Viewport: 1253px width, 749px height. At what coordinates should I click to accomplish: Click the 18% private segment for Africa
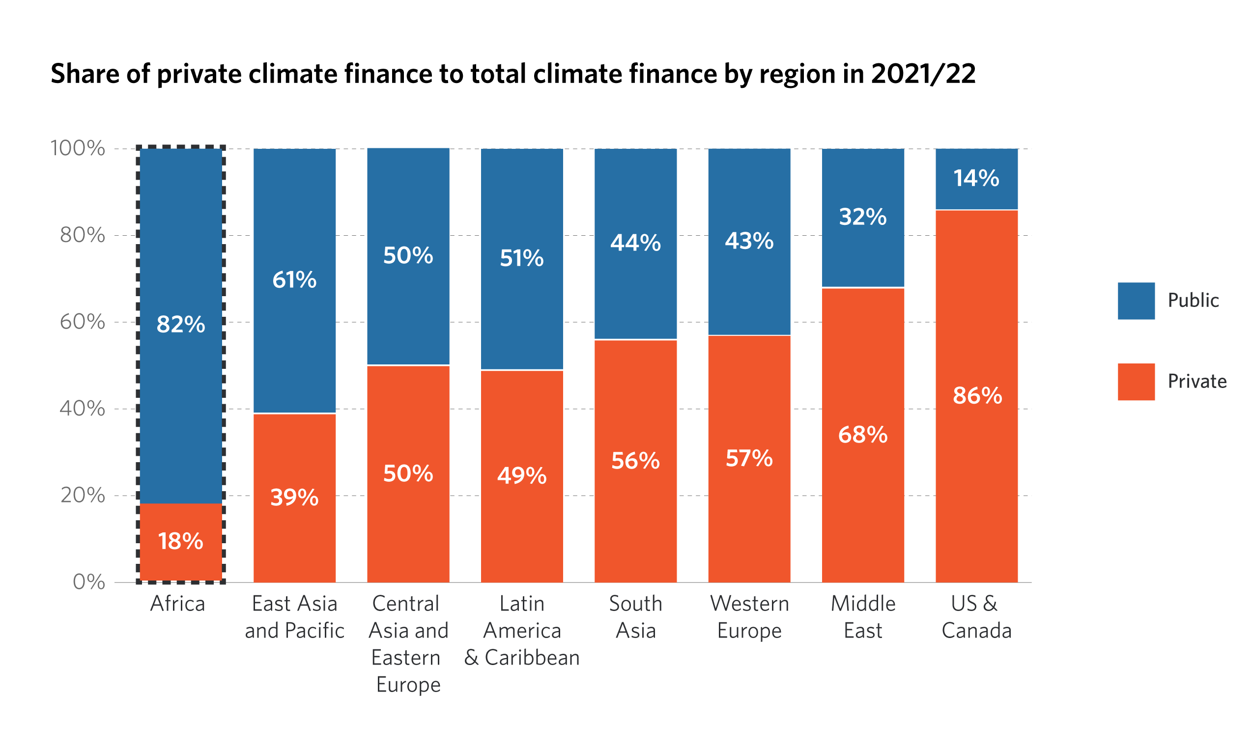[x=181, y=543]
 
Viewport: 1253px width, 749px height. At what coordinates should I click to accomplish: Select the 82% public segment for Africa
[x=181, y=326]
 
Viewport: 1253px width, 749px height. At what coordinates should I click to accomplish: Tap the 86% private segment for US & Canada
[x=976, y=396]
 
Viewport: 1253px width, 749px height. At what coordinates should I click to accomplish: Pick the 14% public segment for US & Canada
[x=976, y=179]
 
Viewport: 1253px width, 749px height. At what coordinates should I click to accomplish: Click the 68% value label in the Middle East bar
[x=863, y=435]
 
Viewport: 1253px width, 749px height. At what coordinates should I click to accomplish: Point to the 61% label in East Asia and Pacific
[x=294, y=280]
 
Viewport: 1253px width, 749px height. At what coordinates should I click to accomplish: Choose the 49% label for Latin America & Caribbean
[x=521, y=476]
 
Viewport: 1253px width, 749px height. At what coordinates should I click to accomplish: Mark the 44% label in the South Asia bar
[x=635, y=243]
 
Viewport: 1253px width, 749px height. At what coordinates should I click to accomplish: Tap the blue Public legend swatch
[x=1136, y=301]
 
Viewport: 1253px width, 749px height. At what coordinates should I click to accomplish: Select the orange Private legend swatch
[x=1136, y=382]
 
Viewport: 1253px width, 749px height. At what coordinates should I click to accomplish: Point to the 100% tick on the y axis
[x=77, y=148]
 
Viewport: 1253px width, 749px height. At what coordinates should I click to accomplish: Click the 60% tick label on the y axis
[x=82, y=322]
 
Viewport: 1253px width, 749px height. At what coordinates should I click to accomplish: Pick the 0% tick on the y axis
[x=89, y=583]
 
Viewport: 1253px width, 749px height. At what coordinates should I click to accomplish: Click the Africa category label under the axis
[x=178, y=604]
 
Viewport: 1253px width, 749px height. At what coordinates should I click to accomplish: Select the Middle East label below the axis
[x=863, y=617]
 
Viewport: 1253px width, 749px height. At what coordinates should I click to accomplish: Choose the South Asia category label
[x=635, y=617]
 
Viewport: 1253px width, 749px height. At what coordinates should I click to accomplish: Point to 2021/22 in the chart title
[x=923, y=74]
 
